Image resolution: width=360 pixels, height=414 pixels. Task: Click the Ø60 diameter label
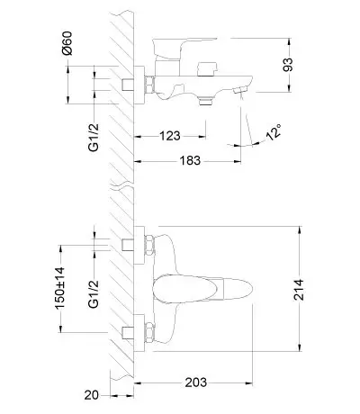[x=67, y=43]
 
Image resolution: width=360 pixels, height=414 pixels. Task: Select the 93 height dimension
[x=287, y=65]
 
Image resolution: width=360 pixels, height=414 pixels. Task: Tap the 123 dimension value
[x=170, y=136]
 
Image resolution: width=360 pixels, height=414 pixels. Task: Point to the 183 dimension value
[x=190, y=160]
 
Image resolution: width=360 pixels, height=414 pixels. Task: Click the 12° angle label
[x=274, y=132]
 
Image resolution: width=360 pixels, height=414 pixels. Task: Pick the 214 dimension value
[x=299, y=290]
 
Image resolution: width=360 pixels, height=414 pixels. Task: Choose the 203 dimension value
[x=196, y=382]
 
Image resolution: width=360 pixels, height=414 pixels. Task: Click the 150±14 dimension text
[x=59, y=288]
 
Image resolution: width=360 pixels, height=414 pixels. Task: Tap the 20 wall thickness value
[x=91, y=395]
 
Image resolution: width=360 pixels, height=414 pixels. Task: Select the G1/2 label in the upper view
[x=94, y=138]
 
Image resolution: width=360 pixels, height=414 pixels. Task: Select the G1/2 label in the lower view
[x=94, y=294]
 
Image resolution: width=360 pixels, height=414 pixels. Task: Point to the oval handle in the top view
[x=202, y=289]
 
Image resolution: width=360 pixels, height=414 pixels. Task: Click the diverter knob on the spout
[x=207, y=69]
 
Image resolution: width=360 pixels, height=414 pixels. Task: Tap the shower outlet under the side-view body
[x=206, y=101]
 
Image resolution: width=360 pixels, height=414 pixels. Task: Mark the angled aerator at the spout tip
[x=240, y=89]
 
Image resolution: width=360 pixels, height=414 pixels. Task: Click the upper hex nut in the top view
[x=149, y=245]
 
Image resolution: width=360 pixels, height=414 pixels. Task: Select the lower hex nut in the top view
[x=149, y=332]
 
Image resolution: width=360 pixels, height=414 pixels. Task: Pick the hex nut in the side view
[x=149, y=85]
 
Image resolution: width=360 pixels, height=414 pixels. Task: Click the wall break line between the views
[x=121, y=184]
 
